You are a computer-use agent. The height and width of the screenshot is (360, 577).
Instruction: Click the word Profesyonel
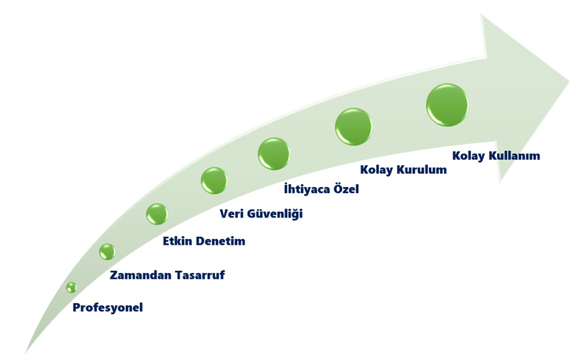[x=108, y=307]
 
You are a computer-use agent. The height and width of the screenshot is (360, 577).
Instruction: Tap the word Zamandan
[x=140, y=275]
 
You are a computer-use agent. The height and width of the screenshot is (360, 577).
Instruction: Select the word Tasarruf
[x=200, y=275]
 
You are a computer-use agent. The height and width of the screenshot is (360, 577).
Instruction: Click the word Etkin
[x=177, y=241]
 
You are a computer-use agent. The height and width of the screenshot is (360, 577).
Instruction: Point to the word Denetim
[x=220, y=241]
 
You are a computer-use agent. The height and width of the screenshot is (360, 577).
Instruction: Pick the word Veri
[x=231, y=213]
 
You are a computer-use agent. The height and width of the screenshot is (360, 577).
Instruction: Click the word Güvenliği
[x=275, y=213]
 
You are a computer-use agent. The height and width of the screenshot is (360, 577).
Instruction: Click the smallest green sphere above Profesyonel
[x=72, y=287]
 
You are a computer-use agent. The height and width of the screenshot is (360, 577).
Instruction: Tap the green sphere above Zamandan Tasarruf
[x=107, y=252]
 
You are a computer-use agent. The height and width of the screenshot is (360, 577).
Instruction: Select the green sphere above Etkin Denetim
[x=157, y=214]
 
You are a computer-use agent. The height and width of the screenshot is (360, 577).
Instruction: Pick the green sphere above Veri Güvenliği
[x=214, y=181]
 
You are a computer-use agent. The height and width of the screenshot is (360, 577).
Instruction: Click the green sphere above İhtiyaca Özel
[x=274, y=154]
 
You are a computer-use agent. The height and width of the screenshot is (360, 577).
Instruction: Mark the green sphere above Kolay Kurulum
[x=354, y=127]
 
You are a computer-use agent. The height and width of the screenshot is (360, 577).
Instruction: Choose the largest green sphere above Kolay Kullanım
[x=448, y=105]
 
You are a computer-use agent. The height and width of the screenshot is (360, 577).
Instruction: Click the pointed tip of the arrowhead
[x=569, y=81]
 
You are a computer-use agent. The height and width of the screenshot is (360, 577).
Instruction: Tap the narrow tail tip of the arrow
[x=26, y=352]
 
